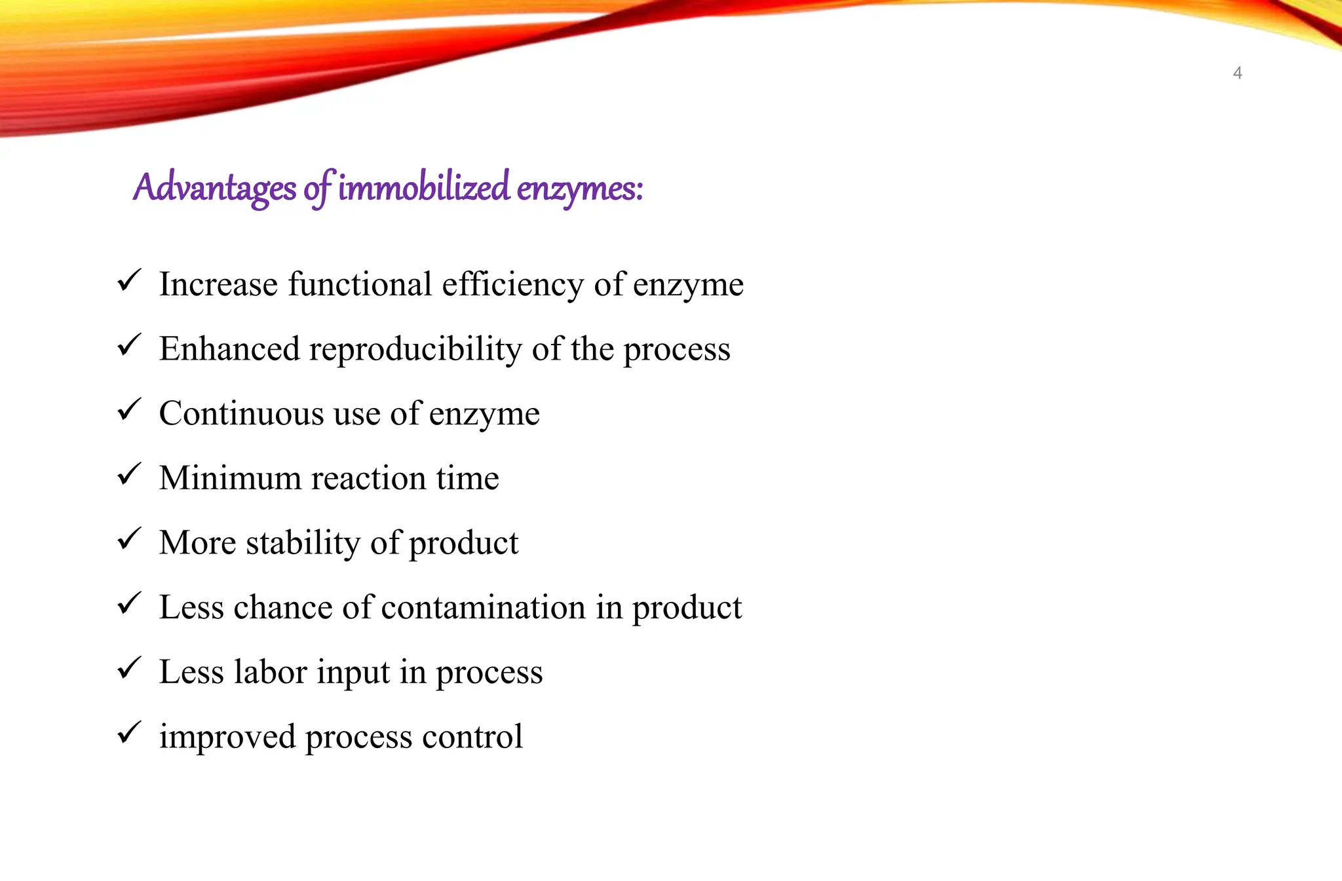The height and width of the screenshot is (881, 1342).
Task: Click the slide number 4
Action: point(1237,73)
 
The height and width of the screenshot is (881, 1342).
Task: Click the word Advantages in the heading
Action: point(214,188)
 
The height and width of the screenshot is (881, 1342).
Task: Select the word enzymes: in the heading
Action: point(579,189)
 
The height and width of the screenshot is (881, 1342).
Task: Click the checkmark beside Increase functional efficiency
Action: point(129,281)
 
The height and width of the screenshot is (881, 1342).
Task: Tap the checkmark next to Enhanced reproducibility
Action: point(129,345)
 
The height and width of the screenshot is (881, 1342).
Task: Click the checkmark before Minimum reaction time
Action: point(129,474)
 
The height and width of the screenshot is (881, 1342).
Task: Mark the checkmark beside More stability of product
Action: point(129,539)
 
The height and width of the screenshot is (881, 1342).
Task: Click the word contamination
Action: point(483,607)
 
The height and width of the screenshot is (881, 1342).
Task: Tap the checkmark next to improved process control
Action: point(129,732)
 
